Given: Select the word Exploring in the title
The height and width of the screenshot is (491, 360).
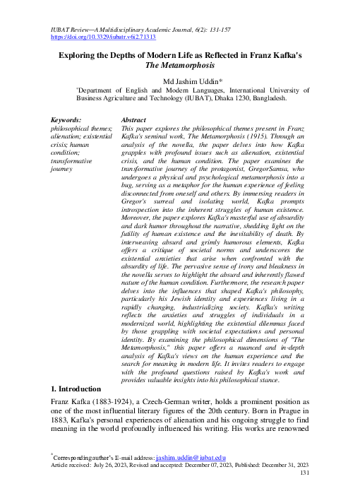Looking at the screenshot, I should click(78, 53).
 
